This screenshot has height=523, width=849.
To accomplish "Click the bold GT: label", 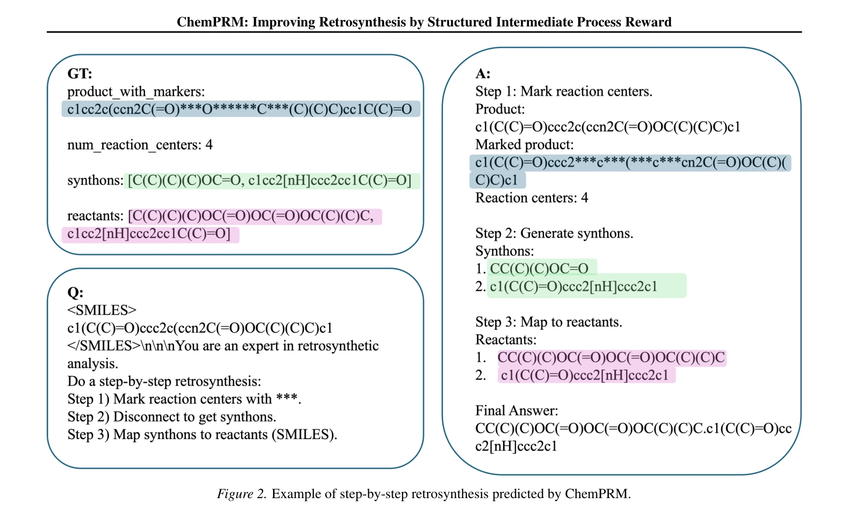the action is click(x=80, y=73).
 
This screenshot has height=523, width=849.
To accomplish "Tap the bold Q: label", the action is click(x=75, y=292).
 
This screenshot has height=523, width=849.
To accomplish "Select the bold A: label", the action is click(x=483, y=73).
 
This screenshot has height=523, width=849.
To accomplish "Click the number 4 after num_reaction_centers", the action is click(x=209, y=145).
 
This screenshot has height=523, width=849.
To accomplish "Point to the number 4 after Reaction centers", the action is click(x=584, y=197).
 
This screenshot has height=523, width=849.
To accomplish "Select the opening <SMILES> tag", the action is click(x=102, y=310).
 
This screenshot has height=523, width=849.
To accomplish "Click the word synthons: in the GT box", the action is click(x=95, y=180).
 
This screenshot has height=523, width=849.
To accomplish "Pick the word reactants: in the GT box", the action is click(x=95, y=216).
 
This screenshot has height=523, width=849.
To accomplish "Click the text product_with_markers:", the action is click(x=136, y=91).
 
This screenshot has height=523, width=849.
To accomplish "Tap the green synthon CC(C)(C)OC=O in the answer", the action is click(x=539, y=268).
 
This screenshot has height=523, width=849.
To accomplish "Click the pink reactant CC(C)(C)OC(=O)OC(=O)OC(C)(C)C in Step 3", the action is click(x=611, y=357).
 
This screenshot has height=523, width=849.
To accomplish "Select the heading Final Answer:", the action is click(x=516, y=411).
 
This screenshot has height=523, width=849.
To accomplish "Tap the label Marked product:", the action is click(x=525, y=145).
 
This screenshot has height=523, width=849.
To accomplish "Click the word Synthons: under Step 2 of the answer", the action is click(x=505, y=251).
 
